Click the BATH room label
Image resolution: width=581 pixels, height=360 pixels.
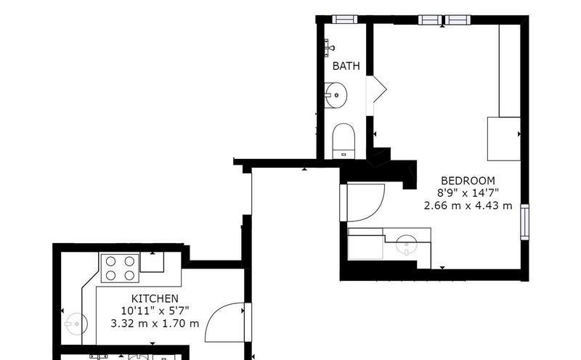(x=346, y=66)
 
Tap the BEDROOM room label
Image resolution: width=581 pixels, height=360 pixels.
(x=468, y=181)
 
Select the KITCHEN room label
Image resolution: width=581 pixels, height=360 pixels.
(x=155, y=298)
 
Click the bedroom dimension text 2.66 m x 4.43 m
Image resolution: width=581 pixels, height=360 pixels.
(x=468, y=205)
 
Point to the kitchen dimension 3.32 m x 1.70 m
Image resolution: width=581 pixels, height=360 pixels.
(x=155, y=323)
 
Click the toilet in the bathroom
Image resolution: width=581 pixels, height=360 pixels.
(x=344, y=141)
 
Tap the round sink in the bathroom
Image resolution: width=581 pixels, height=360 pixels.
(x=336, y=95)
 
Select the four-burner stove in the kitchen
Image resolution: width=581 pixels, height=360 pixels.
(x=120, y=268)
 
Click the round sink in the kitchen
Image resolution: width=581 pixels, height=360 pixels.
(x=76, y=324)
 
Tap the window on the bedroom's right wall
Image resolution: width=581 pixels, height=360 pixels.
(x=524, y=222)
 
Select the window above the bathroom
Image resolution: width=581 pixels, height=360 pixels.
(x=344, y=20)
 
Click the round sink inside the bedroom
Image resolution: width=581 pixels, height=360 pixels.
(x=407, y=244)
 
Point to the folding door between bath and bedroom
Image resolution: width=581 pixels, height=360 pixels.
(x=376, y=89)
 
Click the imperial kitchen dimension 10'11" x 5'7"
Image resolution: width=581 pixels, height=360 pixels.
(x=155, y=311)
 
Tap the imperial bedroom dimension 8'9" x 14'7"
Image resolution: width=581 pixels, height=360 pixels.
(x=468, y=192)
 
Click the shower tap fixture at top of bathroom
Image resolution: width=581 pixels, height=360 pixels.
(x=329, y=48)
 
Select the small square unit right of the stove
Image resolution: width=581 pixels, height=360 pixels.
(x=152, y=262)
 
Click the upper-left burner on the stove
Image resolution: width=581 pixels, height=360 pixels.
(x=111, y=261)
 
